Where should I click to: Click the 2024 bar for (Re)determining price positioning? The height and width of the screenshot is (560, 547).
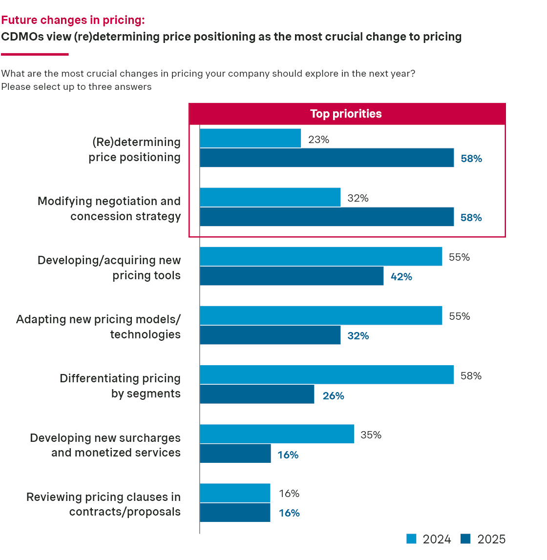pyautogui.click(x=250, y=138)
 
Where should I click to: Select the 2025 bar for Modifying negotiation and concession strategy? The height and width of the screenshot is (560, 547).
pyautogui.click(x=327, y=217)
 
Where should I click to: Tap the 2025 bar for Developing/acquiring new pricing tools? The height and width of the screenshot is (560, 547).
pyautogui.click(x=292, y=276)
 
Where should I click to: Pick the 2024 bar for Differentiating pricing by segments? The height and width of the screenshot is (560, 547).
pyautogui.click(x=327, y=374)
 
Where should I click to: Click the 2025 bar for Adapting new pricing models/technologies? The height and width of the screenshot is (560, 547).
pyautogui.click(x=270, y=335)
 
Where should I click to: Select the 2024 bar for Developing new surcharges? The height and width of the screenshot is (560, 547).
pyautogui.click(x=277, y=434)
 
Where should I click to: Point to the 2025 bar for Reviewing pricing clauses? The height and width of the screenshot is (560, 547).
pyautogui.click(x=235, y=513)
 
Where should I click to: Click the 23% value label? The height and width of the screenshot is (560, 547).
pyautogui.click(x=318, y=140)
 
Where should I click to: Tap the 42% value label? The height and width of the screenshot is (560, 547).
pyautogui.click(x=401, y=277)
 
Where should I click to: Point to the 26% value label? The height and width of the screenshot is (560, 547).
pyautogui.click(x=334, y=396)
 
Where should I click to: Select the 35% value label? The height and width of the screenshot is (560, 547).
pyautogui.click(x=371, y=435)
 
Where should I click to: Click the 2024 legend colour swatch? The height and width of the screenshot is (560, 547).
pyautogui.click(x=411, y=539)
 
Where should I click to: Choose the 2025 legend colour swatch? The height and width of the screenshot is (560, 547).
pyautogui.click(x=465, y=539)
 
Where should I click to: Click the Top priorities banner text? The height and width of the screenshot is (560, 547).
pyautogui.click(x=346, y=114)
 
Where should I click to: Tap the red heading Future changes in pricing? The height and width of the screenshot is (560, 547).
pyautogui.click(x=73, y=20)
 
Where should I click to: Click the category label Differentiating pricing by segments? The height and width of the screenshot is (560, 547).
pyautogui.click(x=120, y=386)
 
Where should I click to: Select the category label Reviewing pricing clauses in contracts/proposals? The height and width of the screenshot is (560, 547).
pyautogui.click(x=104, y=504)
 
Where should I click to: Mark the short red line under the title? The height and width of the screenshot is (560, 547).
pyautogui.click(x=27, y=54)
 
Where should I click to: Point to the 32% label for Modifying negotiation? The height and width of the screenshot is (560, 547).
pyautogui.click(x=358, y=198)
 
